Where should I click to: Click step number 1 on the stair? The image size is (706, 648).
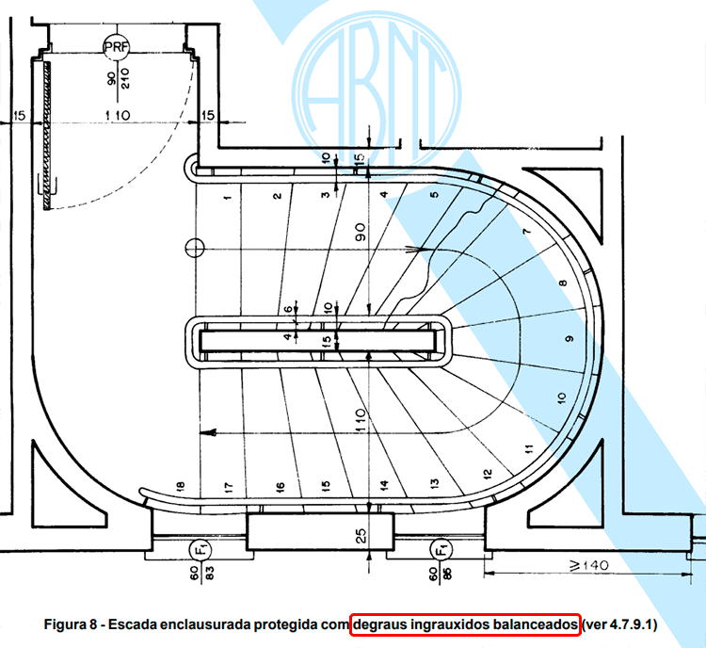(x=228, y=198)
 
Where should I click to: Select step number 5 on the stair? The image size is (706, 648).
(x=434, y=195)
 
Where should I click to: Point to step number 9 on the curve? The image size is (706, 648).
(x=569, y=338)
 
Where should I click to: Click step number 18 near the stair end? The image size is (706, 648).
(x=179, y=486)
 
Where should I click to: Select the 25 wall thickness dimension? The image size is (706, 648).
(x=361, y=538)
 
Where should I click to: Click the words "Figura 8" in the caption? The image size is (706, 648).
(x=76, y=625)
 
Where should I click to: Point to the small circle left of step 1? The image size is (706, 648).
(x=195, y=249)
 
